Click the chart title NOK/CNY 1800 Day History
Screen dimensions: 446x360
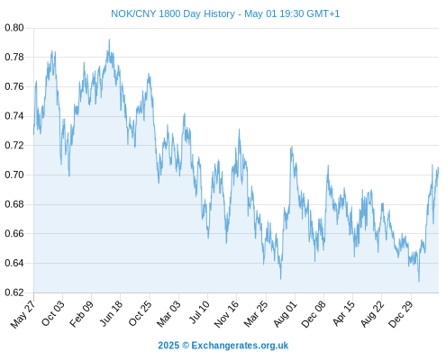tap(173, 13)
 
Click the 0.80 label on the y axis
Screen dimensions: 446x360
tap(14, 28)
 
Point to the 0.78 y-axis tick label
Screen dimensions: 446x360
tap(14, 57)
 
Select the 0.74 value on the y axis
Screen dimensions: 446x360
tap(14, 116)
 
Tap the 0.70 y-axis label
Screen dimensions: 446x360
tap(14, 175)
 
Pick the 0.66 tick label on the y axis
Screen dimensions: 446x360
tap(14, 233)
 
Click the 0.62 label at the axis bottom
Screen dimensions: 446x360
tap(14, 292)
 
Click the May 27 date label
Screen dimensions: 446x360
tap(23, 314)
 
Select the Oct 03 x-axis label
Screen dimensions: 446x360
tap(52, 313)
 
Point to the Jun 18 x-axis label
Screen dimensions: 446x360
tap(111, 313)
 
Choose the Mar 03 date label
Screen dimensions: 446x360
tap(168, 313)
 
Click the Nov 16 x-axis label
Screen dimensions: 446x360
tap(226, 314)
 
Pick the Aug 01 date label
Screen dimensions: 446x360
tap(285, 314)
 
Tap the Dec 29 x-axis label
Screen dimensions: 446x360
tap(401, 314)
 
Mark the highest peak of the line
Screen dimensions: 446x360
tap(109, 40)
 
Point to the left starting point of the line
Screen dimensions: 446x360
tap(33, 134)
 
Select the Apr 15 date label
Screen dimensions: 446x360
tap(343, 313)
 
